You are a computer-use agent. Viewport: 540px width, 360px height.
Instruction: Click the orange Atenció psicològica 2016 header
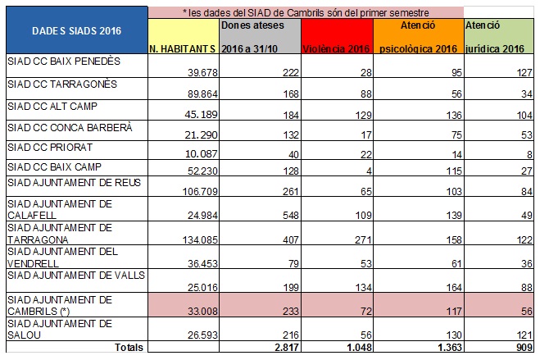coord(420,38)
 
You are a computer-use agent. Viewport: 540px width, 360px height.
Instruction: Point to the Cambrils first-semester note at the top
coord(306,12)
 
